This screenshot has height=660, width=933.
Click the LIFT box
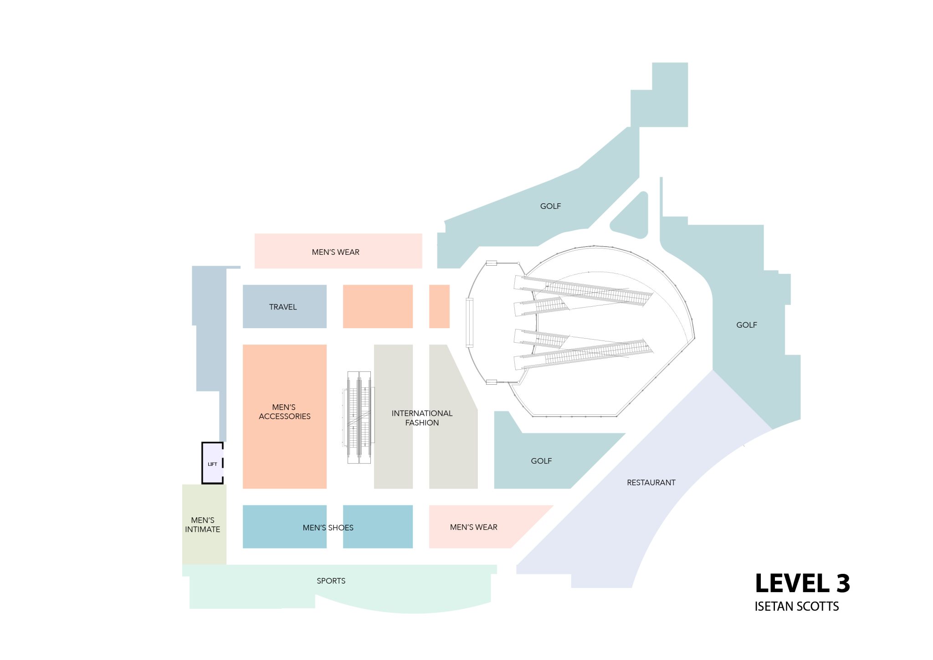(212, 464)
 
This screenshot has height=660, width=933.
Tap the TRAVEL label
(283, 307)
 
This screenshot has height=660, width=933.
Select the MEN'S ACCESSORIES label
(284, 412)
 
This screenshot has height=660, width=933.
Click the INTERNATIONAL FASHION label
(422, 418)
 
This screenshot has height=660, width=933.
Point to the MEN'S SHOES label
(328, 528)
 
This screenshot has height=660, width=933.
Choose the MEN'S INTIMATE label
(203, 525)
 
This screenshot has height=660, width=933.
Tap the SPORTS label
(331, 581)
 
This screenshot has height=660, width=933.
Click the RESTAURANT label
(651, 483)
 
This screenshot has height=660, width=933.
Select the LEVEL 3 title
(802, 584)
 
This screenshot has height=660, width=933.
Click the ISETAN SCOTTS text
(796, 607)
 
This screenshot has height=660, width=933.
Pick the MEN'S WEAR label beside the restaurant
(474, 527)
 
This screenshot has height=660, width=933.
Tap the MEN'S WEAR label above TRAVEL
(336, 253)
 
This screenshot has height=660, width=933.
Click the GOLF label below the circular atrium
(541, 461)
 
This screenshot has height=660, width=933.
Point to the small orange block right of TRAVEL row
(439, 306)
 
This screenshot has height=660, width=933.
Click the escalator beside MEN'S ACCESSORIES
(359, 417)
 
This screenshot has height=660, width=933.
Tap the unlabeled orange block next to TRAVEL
(378, 306)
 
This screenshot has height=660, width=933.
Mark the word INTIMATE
(203, 530)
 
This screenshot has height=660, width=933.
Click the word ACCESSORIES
(285, 417)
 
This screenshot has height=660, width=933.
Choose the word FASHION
(422, 423)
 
